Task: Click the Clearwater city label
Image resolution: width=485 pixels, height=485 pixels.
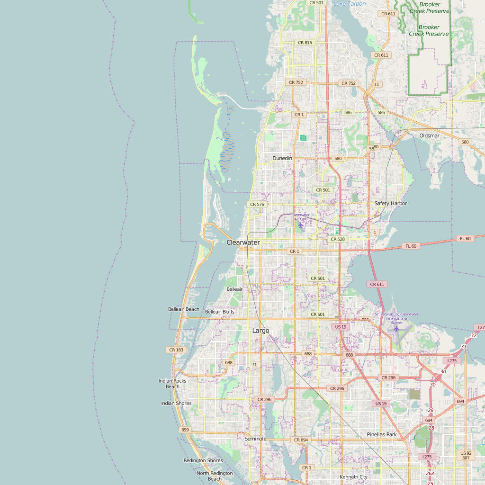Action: point(243,242)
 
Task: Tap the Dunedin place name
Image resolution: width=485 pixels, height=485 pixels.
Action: point(282,158)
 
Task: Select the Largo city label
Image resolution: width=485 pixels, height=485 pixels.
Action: point(260,331)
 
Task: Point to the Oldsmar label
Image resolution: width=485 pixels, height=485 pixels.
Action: point(429,136)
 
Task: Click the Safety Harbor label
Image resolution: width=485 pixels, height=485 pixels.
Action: point(391,204)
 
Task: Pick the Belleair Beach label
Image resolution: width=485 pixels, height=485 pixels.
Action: point(184,309)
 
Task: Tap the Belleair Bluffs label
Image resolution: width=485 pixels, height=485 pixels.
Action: point(220,312)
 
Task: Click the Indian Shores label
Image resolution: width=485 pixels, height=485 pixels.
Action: point(176,404)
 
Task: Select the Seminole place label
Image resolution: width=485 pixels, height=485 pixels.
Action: point(255,439)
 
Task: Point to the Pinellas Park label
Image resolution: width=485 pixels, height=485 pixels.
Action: point(382,435)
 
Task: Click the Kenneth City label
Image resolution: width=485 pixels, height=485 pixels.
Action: point(353,477)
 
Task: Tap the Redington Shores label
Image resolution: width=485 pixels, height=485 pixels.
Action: point(203,460)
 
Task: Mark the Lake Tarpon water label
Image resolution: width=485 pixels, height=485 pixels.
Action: point(350,4)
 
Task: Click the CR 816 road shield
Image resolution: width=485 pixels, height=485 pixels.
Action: point(305,43)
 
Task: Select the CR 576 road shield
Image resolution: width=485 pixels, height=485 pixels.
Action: point(257,205)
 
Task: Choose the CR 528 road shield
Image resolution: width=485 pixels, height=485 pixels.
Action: point(338,239)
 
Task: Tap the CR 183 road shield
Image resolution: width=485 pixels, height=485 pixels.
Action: point(176,350)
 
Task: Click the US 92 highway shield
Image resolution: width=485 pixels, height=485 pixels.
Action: point(466,453)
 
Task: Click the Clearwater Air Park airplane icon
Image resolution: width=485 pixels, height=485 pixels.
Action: point(300,225)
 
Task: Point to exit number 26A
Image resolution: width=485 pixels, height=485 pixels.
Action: point(430,473)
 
